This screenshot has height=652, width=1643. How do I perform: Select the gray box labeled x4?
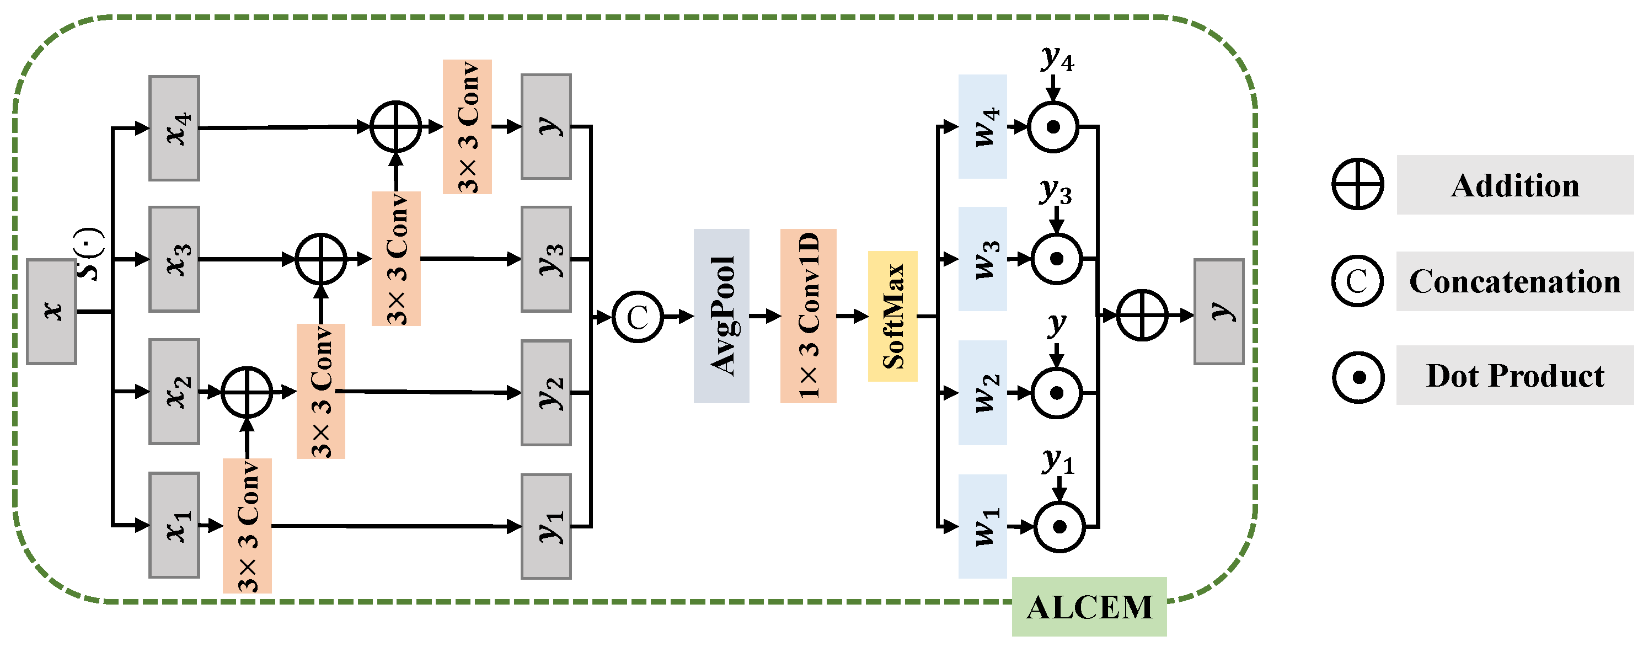click(174, 128)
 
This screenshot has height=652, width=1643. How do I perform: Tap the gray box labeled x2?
click(174, 391)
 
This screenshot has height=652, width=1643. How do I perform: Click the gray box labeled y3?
click(546, 259)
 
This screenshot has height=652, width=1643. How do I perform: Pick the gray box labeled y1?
click(546, 526)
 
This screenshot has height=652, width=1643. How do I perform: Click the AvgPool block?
click(721, 316)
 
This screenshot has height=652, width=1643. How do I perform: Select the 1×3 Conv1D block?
click(808, 316)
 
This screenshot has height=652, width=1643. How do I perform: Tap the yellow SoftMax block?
click(892, 316)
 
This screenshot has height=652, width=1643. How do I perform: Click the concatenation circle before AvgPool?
click(637, 317)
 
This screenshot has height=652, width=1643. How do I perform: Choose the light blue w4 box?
click(982, 126)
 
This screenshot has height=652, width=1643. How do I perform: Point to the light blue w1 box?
click(982, 526)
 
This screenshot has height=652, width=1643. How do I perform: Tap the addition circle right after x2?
click(247, 392)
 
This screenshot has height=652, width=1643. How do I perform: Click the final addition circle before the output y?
click(1142, 315)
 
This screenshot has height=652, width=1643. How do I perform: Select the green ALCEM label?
click(1089, 607)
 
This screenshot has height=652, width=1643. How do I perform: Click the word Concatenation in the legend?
click(1515, 281)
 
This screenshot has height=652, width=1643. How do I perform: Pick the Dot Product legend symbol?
click(1358, 377)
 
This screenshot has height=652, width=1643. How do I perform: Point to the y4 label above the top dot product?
click(1057, 58)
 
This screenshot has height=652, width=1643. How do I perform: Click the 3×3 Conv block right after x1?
click(247, 526)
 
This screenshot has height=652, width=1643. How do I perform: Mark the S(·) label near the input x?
click(90, 253)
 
